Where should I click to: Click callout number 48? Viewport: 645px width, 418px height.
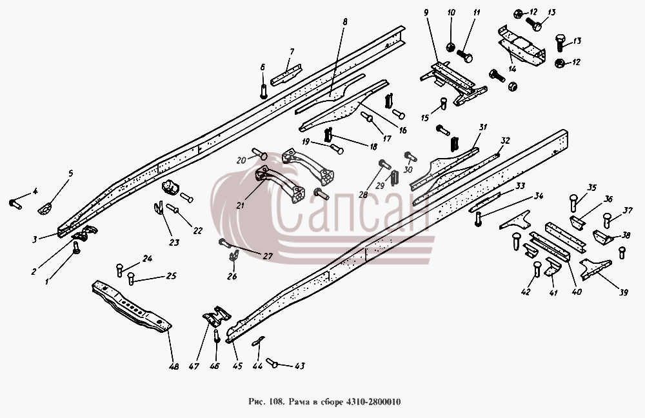coord(174,366)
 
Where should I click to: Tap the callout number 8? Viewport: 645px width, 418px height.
coord(344,22)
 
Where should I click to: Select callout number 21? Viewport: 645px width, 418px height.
coord(240,205)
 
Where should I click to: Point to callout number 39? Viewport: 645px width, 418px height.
coord(624,292)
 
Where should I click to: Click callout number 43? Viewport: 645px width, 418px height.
coord(300,366)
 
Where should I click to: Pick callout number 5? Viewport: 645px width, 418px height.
coord(70,174)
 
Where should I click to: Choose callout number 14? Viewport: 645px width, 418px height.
coord(512,69)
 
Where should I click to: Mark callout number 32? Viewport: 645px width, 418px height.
coord(505,141)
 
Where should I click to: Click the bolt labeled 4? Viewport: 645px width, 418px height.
coord(15,204)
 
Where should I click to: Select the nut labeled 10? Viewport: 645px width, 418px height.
coord(451,47)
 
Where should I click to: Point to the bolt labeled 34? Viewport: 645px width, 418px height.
coord(477,219)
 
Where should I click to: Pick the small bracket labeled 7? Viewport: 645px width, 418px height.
coord(286,74)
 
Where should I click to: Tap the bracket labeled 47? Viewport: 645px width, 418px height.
coord(216,316)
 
